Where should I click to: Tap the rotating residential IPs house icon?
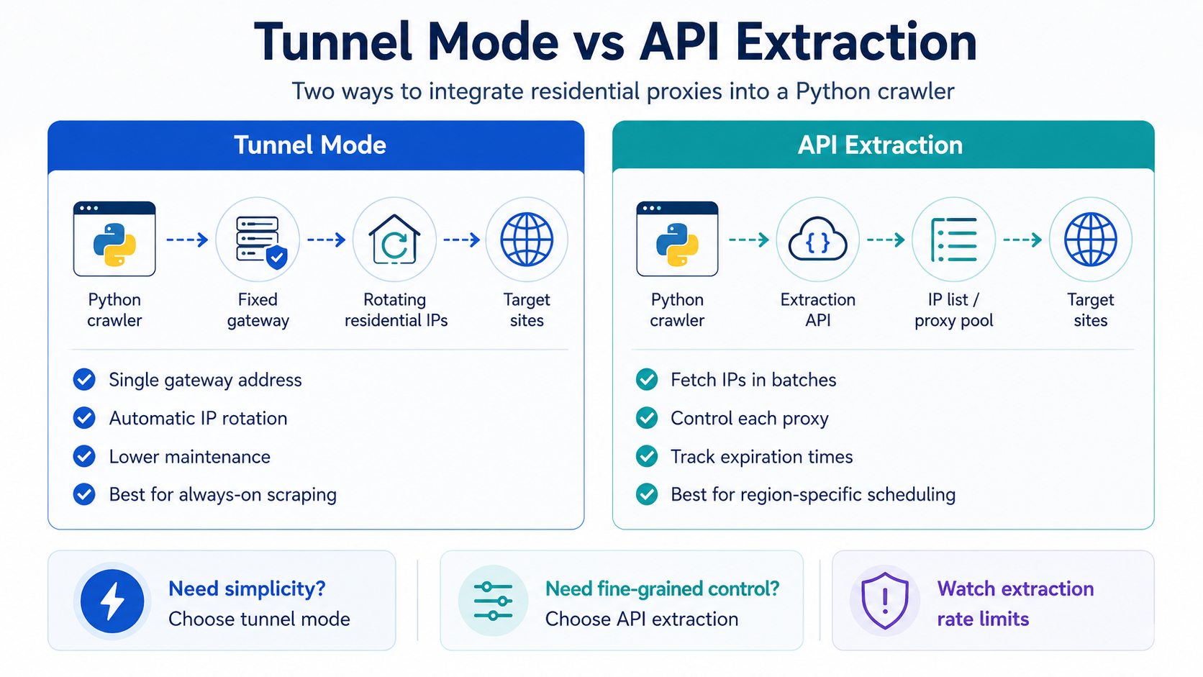394,240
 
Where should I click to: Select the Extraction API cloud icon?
817,240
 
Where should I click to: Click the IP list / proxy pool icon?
954,240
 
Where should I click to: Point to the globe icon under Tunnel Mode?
527,240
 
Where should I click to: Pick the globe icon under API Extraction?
1090,240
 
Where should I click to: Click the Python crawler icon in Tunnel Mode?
114,239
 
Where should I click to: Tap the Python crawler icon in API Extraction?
677,239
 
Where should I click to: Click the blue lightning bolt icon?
112,601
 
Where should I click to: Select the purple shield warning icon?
884,601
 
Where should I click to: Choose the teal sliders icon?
493,601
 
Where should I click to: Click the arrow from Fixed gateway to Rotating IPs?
326,240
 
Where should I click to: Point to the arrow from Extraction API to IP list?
886,240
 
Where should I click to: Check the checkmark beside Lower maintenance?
84,456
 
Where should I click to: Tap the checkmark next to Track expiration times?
647,456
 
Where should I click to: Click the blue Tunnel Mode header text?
310,145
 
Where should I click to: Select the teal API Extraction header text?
880,145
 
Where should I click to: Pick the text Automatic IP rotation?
198,418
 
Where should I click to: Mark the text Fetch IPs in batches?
753,380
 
